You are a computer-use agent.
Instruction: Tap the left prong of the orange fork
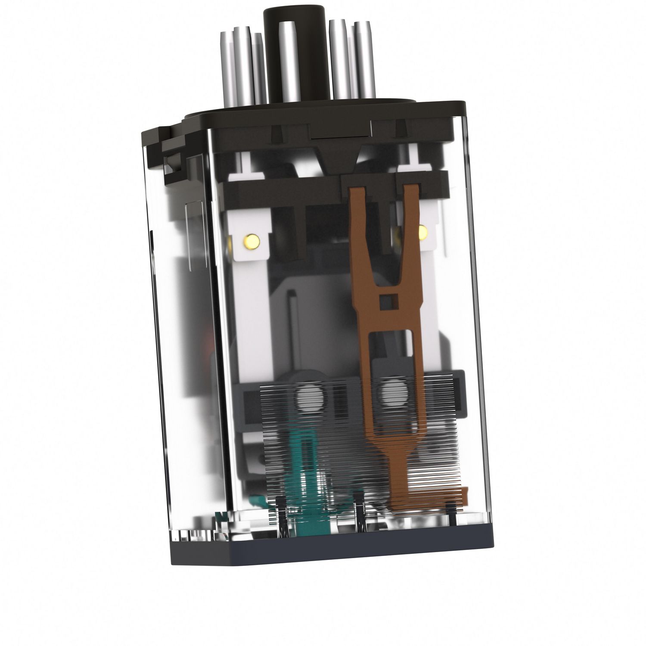[361, 224]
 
